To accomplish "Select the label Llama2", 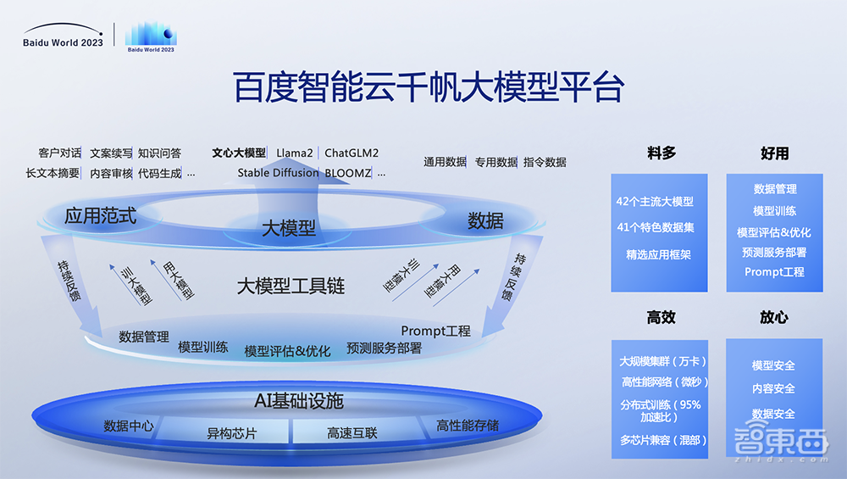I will pyautogui.click(x=295, y=153).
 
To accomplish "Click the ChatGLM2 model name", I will pyautogui.click(x=352, y=153).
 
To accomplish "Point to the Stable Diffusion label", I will pyautogui.click(x=278, y=173).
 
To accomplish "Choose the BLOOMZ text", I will pyautogui.click(x=348, y=173).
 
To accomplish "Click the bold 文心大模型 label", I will pyautogui.click(x=239, y=153).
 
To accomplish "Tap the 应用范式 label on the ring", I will pyautogui.click(x=100, y=216).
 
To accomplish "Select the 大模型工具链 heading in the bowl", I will pyautogui.click(x=291, y=286).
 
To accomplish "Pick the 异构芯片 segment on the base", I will pyautogui.click(x=232, y=433).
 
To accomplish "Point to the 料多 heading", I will pyautogui.click(x=662, y=153).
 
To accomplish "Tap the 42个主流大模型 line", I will pyautogui.click(x=655, y=202).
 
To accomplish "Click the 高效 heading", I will pyautogui.click(x=662, y=317).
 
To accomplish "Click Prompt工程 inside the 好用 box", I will pyautogui.click(x=774, y=272).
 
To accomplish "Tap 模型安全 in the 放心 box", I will pyautogui.click(x=773, y=365).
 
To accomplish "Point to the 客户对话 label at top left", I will pyautogui.click(x=60, y=153).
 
